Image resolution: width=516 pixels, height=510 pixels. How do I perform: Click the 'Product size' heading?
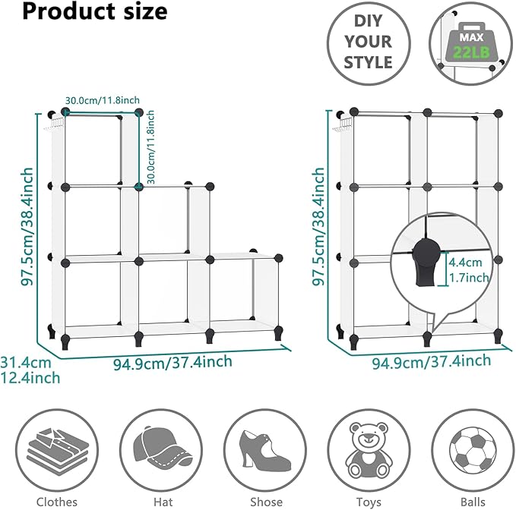tap(84, 13)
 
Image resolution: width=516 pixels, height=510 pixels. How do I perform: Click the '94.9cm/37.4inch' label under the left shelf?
tap(173, 363)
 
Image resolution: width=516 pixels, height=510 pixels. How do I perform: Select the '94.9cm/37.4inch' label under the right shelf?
tap(431, 362)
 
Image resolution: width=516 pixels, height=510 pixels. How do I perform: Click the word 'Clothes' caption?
tap(57, 502)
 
